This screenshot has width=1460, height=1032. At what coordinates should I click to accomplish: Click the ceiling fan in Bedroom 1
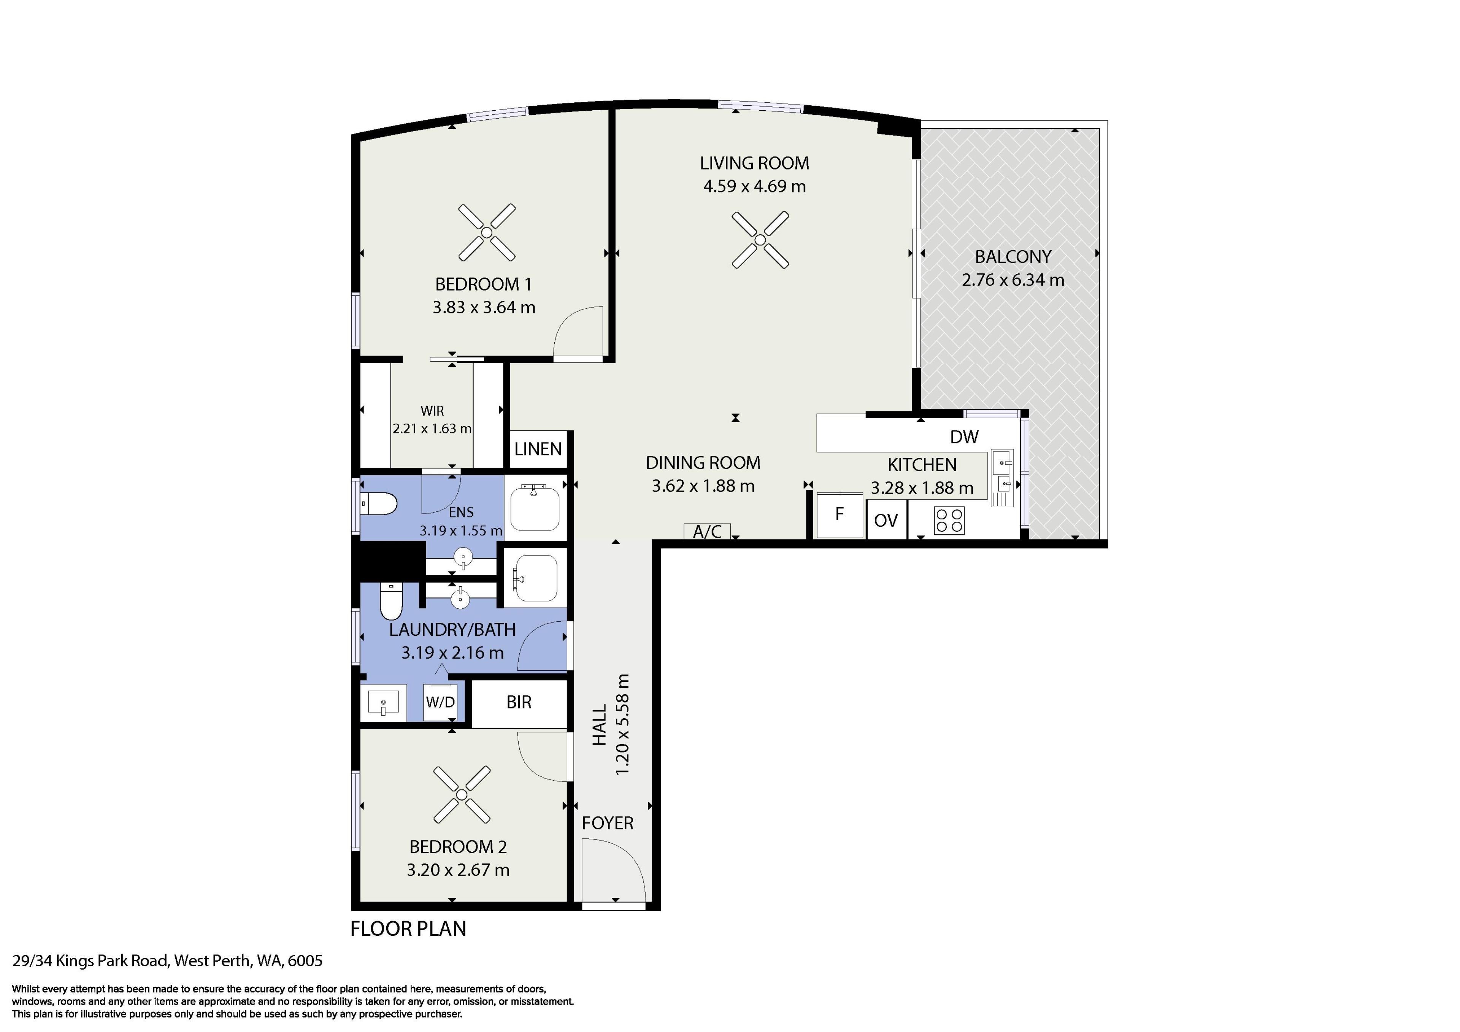(486, 233)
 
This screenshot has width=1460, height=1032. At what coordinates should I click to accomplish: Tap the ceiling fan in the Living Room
(760, 240)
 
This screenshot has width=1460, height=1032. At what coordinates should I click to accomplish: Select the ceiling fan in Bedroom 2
(462, 794)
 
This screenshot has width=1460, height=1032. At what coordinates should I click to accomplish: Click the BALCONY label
(1013, 257)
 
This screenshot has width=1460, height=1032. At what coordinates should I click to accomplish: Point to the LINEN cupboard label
(538, 449)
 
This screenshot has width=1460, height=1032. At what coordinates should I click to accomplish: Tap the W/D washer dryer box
(440, 702)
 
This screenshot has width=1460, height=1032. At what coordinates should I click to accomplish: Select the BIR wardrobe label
(519, 702)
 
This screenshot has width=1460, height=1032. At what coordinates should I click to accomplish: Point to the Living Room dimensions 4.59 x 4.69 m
(754, 186)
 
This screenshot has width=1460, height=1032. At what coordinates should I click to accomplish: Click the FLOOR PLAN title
(408, 929)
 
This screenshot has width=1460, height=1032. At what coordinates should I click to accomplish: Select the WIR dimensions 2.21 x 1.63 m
(432, 429)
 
